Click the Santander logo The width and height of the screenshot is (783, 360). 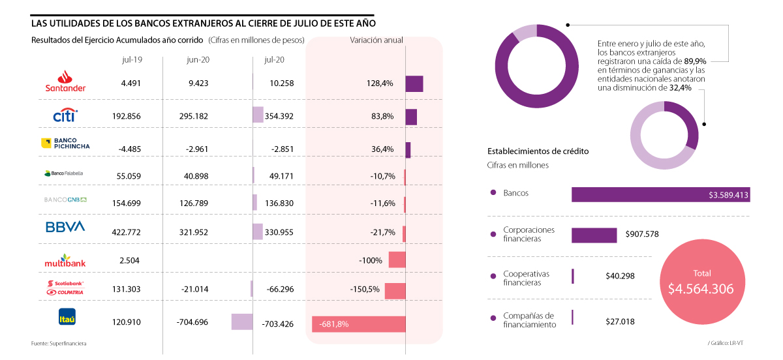[65, 82]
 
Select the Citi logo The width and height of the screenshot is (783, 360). [65, 115]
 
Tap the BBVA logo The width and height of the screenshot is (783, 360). [65, 226]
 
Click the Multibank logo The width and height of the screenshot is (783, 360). [65, 260]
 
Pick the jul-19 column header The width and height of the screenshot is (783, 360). [132, 59]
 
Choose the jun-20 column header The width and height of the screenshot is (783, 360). [197, 59]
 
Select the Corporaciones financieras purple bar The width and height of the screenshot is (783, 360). [594, 235]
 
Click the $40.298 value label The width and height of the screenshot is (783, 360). [620, 276]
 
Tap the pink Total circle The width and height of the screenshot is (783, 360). [702, 282]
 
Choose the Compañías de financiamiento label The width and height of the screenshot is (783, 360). [529, 320]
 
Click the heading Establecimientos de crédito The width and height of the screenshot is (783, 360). [538, 151]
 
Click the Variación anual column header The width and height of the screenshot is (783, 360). [376, 40]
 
